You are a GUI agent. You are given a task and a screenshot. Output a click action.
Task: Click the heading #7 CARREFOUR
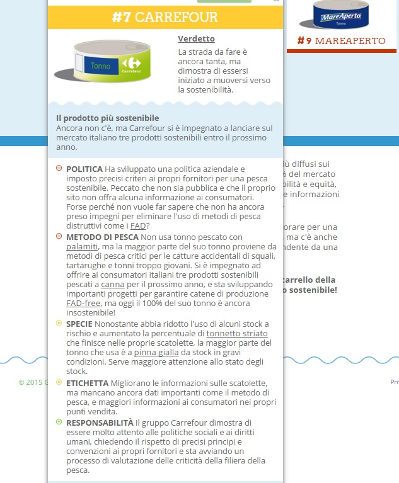point(165,17)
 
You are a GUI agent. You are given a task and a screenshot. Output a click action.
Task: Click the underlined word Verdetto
point(196,38)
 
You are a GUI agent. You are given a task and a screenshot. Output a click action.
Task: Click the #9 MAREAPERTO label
point(341,41)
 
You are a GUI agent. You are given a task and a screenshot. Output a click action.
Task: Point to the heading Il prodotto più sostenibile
point(107,118)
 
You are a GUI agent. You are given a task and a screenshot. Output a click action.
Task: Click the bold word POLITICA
point(84,169)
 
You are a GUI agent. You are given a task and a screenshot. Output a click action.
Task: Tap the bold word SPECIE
point(79,324)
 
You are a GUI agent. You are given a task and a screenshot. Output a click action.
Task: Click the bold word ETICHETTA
point(87,383)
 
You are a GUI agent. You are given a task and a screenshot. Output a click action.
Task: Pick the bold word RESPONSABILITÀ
point(100,422)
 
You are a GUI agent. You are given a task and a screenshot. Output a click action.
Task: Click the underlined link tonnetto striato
point(236,333)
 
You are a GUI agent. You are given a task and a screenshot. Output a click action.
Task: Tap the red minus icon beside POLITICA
point(59,168)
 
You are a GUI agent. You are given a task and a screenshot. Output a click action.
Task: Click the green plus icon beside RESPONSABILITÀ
point(59,421)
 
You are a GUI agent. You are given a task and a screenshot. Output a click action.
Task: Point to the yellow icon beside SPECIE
point(59,323)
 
